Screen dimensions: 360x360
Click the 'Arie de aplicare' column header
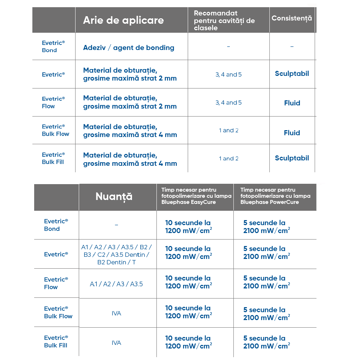point(123,20)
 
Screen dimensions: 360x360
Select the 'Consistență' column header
point(292,18)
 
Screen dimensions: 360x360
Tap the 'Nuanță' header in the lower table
point(114,197)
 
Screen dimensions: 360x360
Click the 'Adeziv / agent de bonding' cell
point(129,47)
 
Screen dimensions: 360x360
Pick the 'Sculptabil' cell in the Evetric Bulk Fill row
point(292,158)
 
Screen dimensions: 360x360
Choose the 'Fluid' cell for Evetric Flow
point(292,103)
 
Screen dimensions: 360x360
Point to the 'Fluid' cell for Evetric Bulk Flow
point(292,133)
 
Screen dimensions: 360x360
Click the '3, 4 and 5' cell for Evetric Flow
point(228,102)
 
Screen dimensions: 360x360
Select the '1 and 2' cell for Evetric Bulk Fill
point(228,158)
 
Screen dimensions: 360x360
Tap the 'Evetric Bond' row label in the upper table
point(53,46)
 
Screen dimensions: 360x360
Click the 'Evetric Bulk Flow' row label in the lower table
point(58,313)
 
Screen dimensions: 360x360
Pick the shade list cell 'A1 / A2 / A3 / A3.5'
point(116,284)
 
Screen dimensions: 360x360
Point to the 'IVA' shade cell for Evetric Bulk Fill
point(116,343)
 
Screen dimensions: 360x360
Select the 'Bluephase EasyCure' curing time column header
point(196,196)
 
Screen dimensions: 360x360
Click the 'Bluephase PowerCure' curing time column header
point(275,196)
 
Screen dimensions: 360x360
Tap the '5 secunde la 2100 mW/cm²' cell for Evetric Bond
point(266,227)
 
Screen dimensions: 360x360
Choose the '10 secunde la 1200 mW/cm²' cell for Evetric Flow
point(188,282)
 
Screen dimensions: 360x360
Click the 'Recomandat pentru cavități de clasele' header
point(224,20)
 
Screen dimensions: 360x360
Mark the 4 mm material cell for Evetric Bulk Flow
point(130,131)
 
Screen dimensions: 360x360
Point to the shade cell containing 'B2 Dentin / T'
point(116,255)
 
